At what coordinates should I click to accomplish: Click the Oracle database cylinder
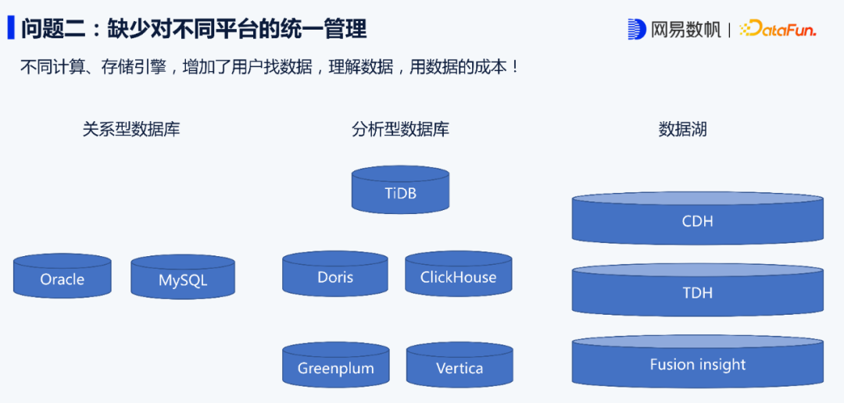pyautogui.click(x=62, y=279)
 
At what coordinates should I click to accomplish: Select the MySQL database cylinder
pyautogui.click(x=183, y=280)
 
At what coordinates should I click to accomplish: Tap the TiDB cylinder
pyautogui.click(x=400, y=192)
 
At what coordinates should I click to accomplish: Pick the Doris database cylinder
pyautogui.click(x=334, y=276)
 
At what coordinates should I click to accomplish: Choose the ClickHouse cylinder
pyautogui.click(x=458, y=276)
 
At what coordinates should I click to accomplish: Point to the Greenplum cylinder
pyautogui.click(x=335, y=368)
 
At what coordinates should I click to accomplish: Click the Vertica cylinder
pyautogui.click(x=460, y=368)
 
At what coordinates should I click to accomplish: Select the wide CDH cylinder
pyautogui.click(x=697, y=220)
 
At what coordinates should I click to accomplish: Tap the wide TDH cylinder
pyautogui.click(x=697, y=292)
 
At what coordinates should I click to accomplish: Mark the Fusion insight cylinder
pyautogui.click(x=697, y=364)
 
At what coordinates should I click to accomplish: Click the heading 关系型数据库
pyautogui.click(x=131, y=129)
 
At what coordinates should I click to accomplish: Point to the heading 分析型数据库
pyautogui.click(x=400, y=129)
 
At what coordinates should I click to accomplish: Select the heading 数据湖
pyautogui.click(x=682, y=129)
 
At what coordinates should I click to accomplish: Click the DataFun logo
pyautogui.click(x=778, y=30)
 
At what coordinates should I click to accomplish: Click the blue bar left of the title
pyautogui.click(x=11, y=28)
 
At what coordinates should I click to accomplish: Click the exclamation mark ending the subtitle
pyautogui.click(x=513, y=67)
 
